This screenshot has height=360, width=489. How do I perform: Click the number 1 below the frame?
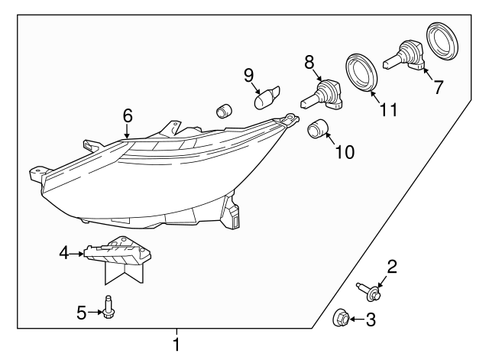tap(176, 345)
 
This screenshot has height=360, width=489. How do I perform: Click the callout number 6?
tap(128, 115)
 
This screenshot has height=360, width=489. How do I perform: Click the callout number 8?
tap(309, 60)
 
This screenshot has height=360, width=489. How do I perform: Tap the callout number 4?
tap(64, 251)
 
